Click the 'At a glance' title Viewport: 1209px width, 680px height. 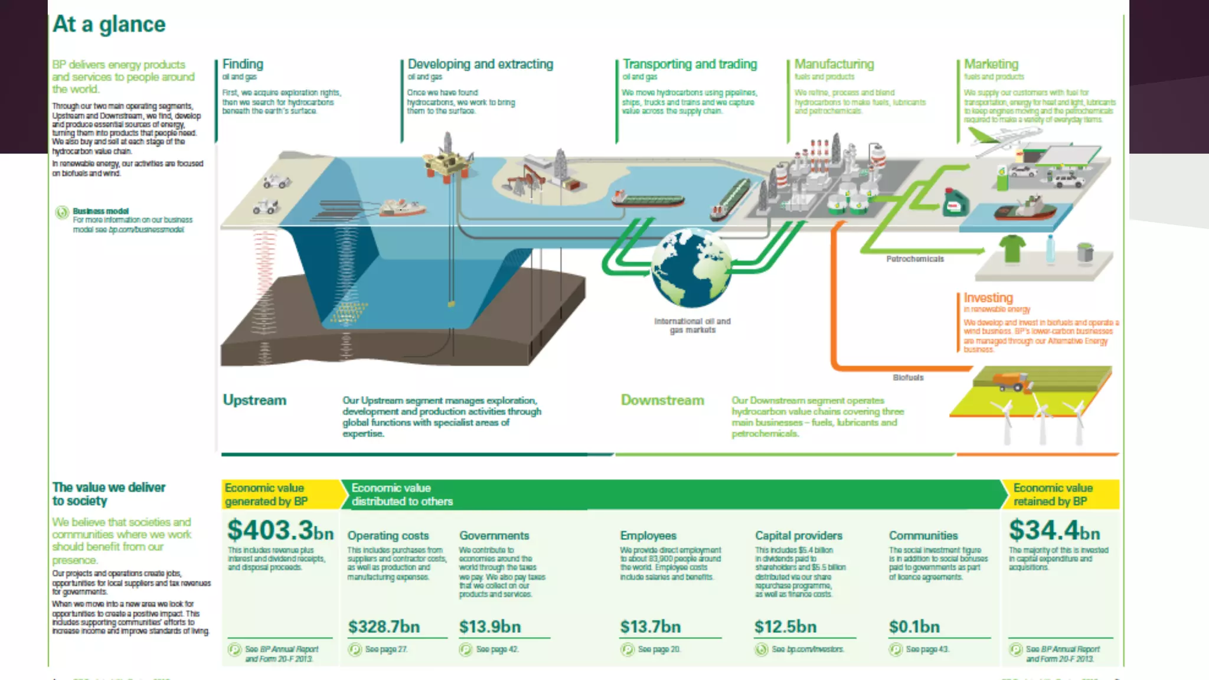(109, 24)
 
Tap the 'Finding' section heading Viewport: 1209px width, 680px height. (243, 64)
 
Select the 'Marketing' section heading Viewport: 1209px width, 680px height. (991, 64)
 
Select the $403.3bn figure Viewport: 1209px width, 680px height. (280, 530)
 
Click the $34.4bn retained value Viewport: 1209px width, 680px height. (1054, 530)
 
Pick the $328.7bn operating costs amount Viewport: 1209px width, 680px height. (384, 626)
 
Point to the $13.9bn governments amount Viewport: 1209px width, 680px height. (490, 626)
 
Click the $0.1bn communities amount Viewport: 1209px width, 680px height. (914, 626)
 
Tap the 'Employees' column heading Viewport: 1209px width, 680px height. (648, 535)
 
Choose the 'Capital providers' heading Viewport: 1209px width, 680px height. (799, 535)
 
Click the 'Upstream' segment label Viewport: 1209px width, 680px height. (254, 400)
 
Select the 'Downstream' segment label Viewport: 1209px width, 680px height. (662, 400)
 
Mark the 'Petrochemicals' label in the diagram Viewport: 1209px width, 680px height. (915, 259)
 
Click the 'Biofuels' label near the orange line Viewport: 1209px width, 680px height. (908, 378)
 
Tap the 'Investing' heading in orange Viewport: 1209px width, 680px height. (988, 297)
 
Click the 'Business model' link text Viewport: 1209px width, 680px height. (101, 211)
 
